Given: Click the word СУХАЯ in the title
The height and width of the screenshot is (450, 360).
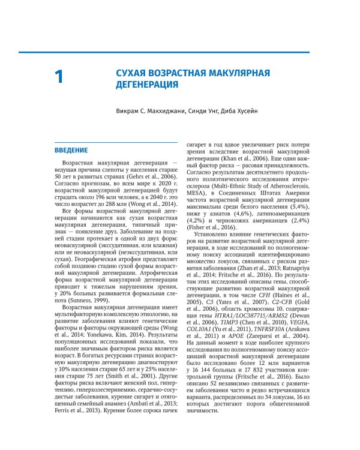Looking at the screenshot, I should click(x=132, y=73).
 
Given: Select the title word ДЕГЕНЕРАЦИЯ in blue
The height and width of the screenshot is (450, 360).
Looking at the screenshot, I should click(x=147, y=85).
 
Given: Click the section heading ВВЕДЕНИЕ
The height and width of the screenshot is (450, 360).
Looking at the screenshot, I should click(x=71, y=150).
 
